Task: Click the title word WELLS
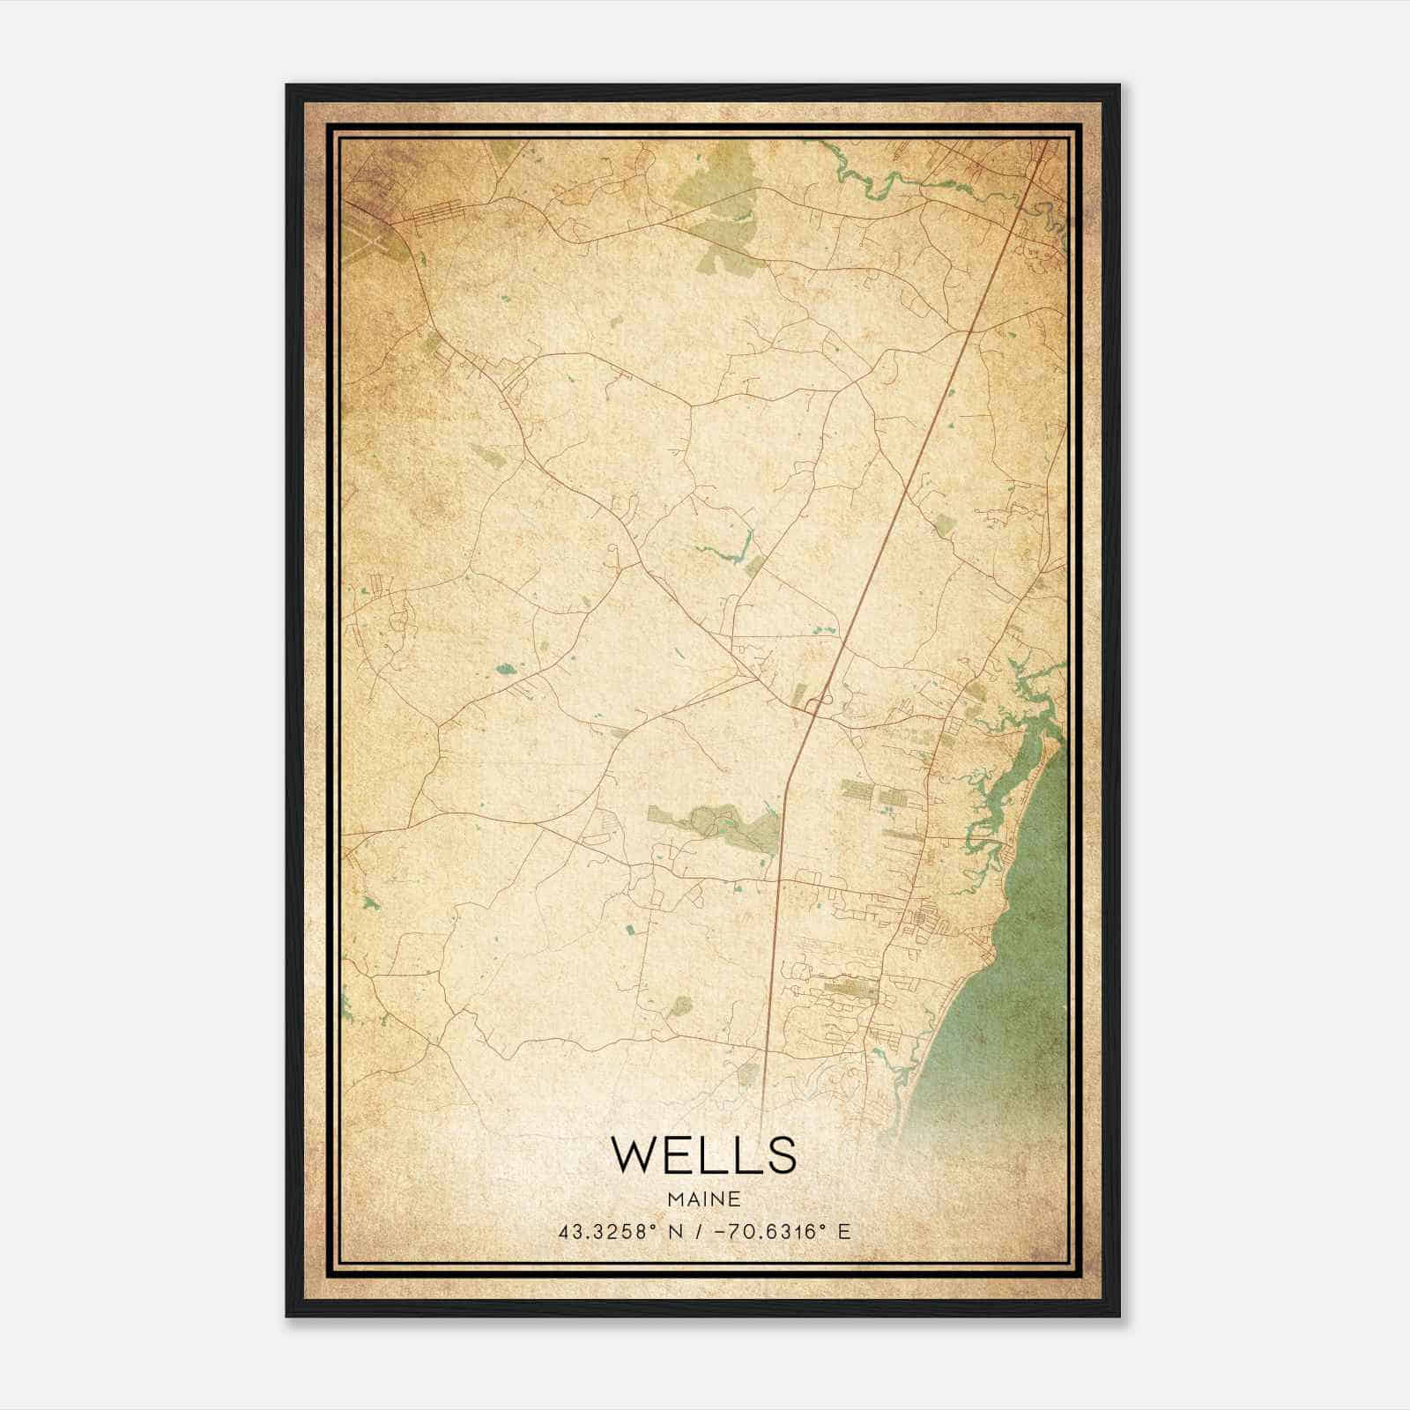point(703,1155)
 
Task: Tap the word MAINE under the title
point(703,1199)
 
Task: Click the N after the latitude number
point(677,1231)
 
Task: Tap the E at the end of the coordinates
point(844,1231)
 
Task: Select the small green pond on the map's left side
point(507,669)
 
